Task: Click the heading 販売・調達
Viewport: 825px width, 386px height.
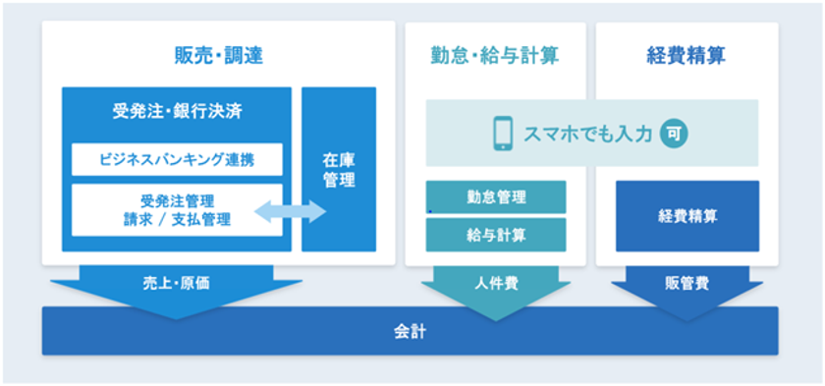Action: point(218,56)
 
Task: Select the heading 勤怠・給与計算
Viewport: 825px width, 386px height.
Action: point(494,56)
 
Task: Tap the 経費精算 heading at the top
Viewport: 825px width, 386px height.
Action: point(687,56)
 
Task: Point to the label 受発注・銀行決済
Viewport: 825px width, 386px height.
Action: point(178,112)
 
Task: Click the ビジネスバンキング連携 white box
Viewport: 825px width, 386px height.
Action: point(177,159)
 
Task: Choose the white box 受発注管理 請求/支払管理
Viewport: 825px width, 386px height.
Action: point(177,210)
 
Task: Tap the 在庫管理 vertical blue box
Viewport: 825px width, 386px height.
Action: point(339,169)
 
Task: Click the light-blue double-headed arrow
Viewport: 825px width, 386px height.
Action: point(291,211)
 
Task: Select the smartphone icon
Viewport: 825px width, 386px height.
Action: point(503,134)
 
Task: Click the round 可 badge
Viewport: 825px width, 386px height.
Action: point(674,133)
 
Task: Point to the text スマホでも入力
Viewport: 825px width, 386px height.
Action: point(588,134)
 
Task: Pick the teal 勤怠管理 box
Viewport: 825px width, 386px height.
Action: point(496,197)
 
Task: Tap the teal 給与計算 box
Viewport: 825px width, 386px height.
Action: point(496,235)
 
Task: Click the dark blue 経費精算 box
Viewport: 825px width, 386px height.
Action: point(687,216)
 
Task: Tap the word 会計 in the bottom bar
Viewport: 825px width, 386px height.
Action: point(410,332)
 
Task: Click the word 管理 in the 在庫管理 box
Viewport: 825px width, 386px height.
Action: point(339,180)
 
